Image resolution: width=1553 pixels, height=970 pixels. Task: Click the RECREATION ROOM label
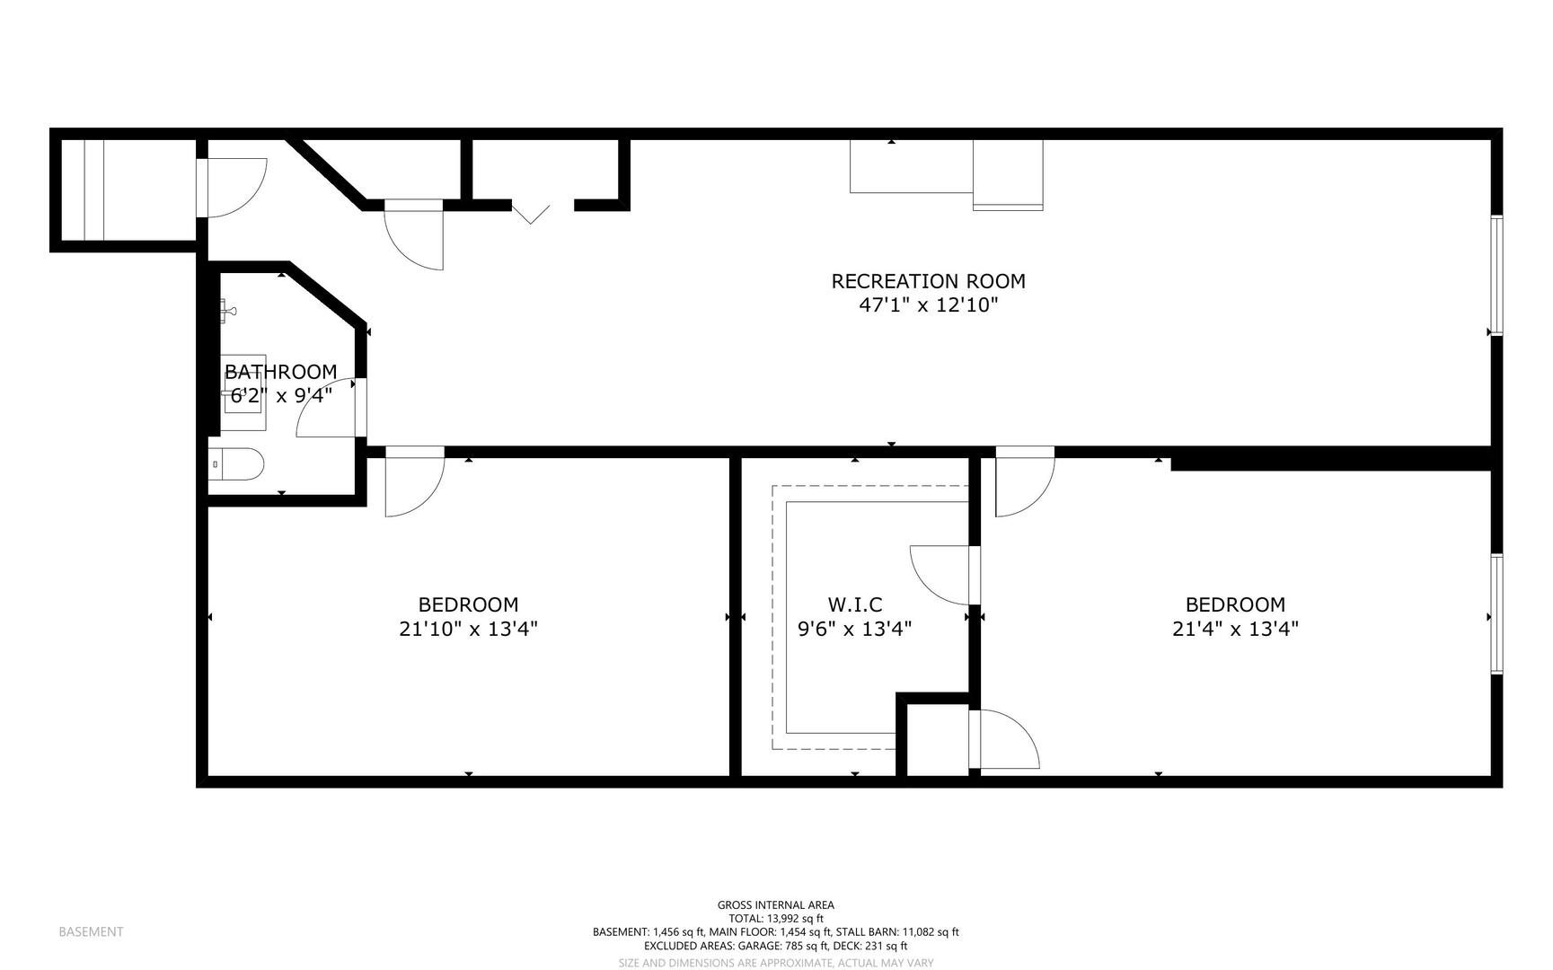[x=928, y=281]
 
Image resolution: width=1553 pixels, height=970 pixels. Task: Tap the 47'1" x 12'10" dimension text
[x=929, y=305]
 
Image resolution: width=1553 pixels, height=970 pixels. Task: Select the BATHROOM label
[x=280, y=372]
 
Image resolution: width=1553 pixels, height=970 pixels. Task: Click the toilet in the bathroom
[x=236, y=465]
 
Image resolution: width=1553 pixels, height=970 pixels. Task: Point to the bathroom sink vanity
[x=243, y=393]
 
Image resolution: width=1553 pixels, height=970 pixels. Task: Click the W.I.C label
[x=854, y=604]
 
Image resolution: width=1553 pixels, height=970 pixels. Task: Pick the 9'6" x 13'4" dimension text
[x=854, y=629]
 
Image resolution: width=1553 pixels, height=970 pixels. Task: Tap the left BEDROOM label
[x=468, y=604]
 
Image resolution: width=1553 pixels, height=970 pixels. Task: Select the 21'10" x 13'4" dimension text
[x=468, y=629]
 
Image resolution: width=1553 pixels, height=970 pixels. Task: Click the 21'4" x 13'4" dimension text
[x=1235, y=629]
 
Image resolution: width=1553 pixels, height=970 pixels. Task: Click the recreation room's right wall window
[x=1497, y=275]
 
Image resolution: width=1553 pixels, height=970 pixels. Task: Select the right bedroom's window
[x=1497, y=613]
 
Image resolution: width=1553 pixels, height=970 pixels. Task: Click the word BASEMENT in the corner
[x=91, y=931]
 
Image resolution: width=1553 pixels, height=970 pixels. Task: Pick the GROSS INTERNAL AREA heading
[x=775, y=905]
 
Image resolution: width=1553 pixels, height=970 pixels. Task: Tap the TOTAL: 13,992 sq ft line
[x=776, y=919]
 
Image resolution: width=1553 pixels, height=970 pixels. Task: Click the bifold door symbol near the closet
[x=531, y=213]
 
